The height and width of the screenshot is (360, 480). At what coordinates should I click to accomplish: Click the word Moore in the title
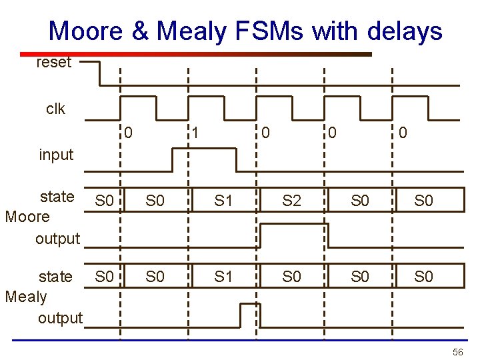pos(85,31)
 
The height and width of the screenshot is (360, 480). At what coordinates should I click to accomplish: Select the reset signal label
pos(54,63)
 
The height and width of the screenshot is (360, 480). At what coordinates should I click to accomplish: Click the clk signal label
pos(56,109)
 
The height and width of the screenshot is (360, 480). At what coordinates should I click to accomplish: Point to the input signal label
pos(56,155)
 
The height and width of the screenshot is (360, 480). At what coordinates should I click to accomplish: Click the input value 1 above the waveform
pos(196,133)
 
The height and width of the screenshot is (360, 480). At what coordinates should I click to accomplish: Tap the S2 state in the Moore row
pos(291,200)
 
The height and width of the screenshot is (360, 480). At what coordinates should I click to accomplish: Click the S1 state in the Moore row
pos(223,200)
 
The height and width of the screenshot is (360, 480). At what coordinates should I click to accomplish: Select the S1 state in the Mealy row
pos(223,275)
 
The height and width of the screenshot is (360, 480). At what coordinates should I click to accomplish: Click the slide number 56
pos(457,351)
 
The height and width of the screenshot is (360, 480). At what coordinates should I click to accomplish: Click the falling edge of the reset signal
pos(99,73)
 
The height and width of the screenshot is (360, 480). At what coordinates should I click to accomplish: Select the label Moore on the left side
pos(27,217)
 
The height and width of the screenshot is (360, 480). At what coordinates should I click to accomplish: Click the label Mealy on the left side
pos(26,297)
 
